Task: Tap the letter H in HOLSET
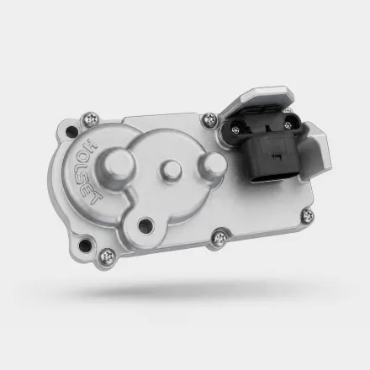[92, 145]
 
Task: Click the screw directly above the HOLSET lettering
[92, 119]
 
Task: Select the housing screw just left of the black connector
[209, 119]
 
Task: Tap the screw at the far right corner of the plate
[308, 215]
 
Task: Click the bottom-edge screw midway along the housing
[220, 238]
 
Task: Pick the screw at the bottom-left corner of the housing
[107, 255]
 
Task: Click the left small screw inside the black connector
[236, 129]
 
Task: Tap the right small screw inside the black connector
[288, 125]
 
